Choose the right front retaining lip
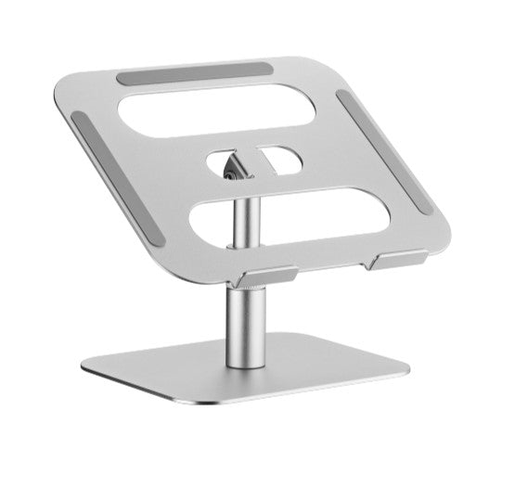click(x=397, y=260)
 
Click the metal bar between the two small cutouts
click(x=261, y=160)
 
